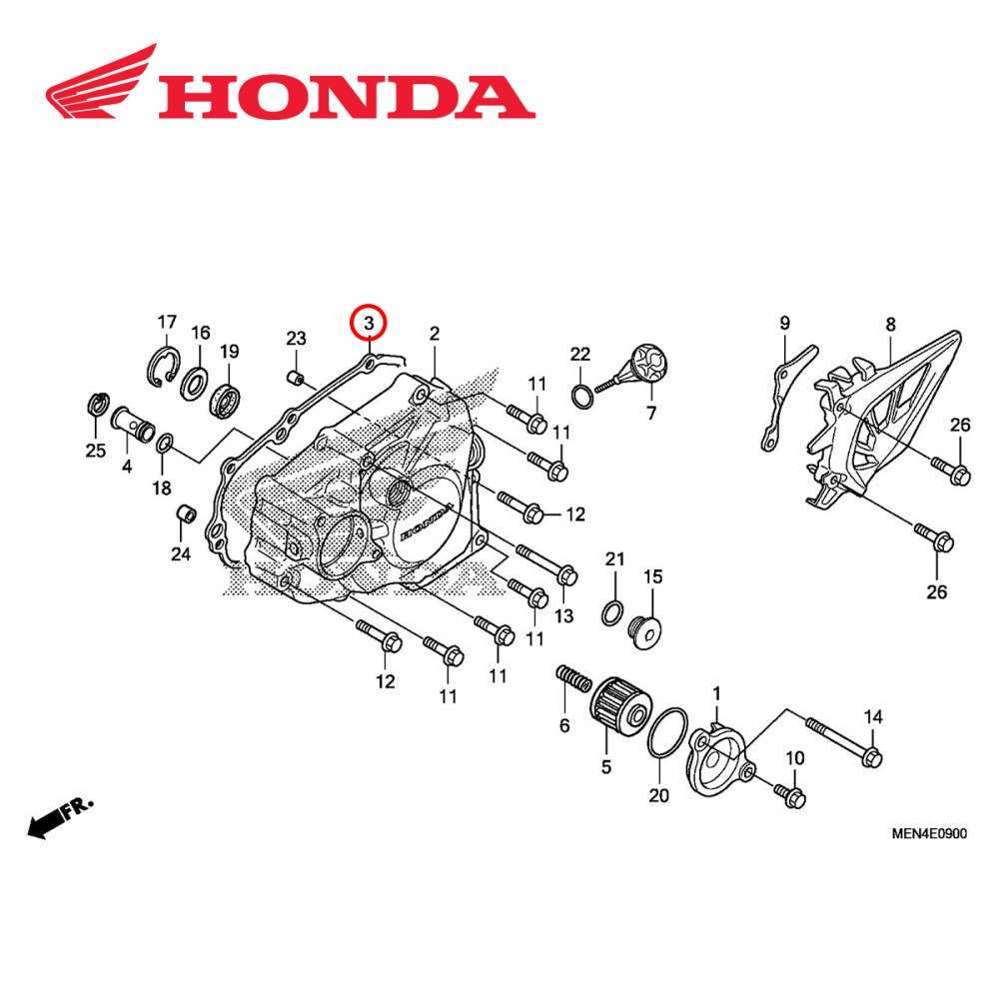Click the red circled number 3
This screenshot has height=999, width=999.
(369, 323)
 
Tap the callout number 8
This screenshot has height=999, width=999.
(890, 324)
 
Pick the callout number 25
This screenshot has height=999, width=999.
(95, 451)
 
